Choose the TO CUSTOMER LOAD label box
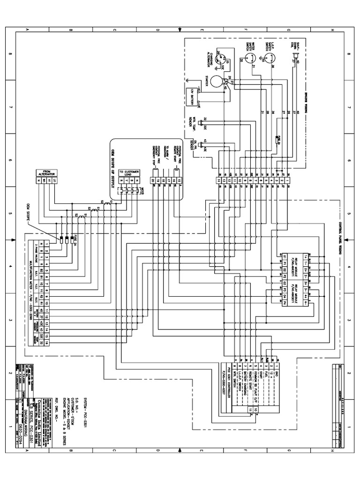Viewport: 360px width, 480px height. pos(129,172)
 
